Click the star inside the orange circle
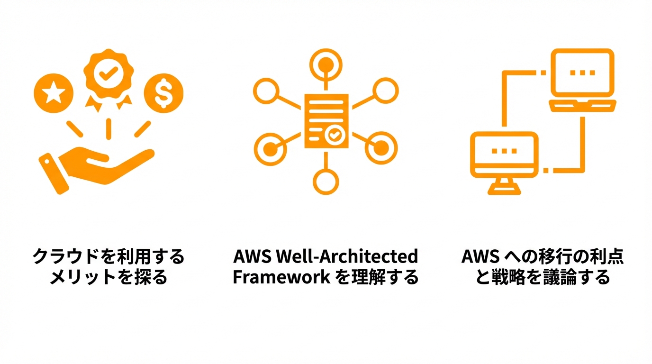[x=54, y=92]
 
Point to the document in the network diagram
[x=326, y=121]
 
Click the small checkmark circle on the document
[x=335, y=135]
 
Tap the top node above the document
[x=326, y=64]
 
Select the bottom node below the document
[x=326, y=182]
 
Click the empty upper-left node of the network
[x=266, y=91]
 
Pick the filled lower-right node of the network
[x=381, y=148]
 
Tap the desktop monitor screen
[x=504, y=155]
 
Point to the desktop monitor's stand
[x=504, y=186]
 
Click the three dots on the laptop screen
[x=582, y=73]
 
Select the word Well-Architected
[x=347, y=256]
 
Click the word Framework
[x=281, y=277]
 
